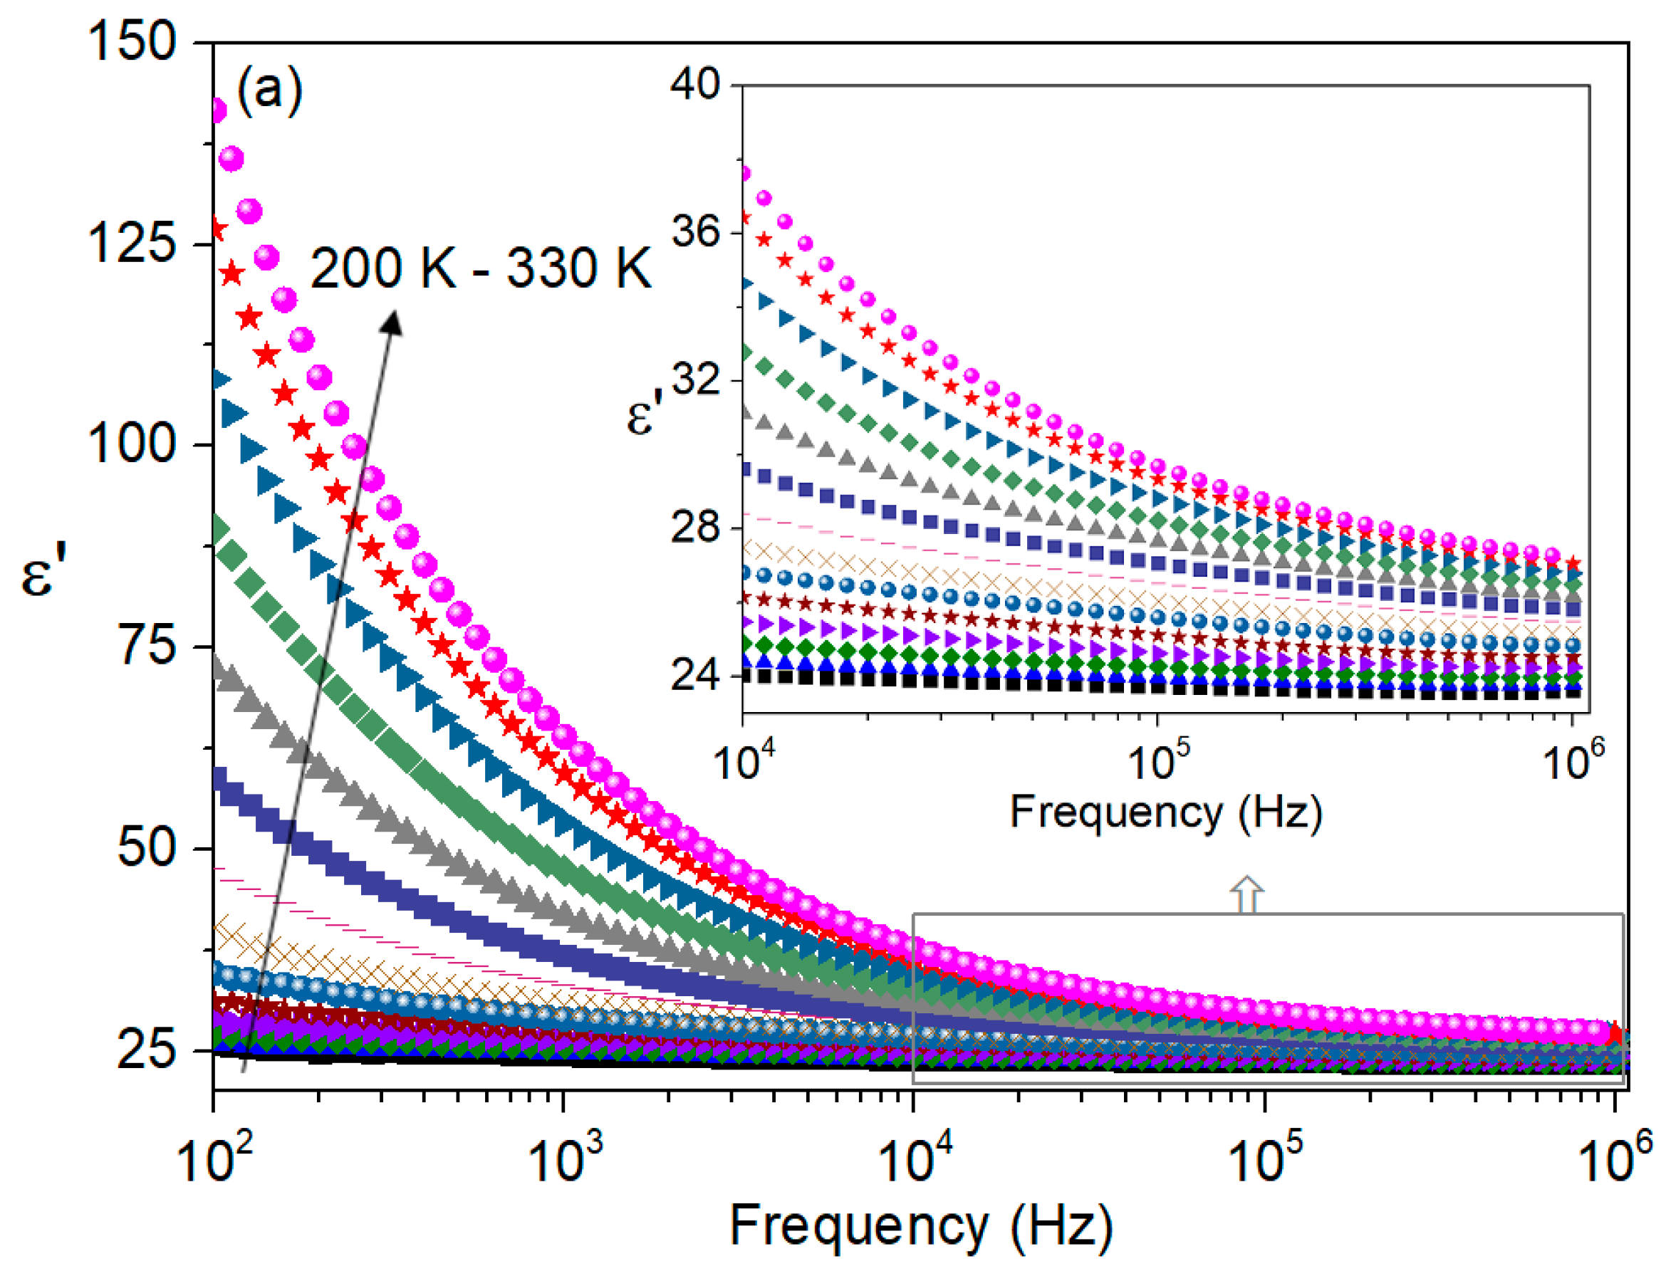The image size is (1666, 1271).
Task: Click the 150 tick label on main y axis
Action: coord(132,41)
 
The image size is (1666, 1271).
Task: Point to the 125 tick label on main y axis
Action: coord(132,244)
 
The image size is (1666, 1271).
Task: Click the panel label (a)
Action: coord(269,91)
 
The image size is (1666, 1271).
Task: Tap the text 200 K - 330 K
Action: coord(481,268)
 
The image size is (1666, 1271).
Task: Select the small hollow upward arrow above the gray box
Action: coord(1246,895)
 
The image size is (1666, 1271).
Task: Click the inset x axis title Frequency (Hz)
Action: coord(1166,813)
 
